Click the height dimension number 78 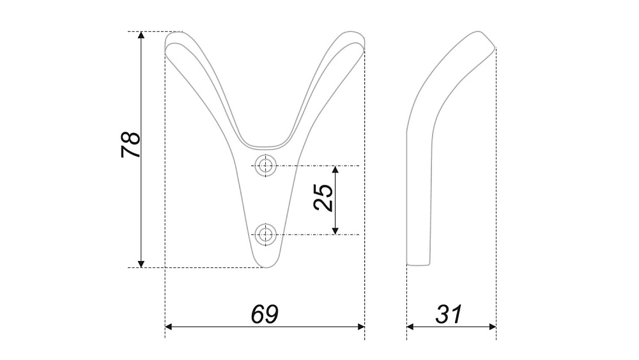pyautogui.click(x=131, y=145)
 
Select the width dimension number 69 pyautogui.click(x=265, y=314)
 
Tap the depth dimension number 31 pyautogui.click(x=449, y=314)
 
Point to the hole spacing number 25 pyautogui.click(x=323, y=198)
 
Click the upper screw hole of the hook pyautogui.click(x=266, y=166)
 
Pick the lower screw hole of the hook pyautogui.click(x=266, y=235)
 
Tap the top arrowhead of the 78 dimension pyautogui.click(x=141, y=35)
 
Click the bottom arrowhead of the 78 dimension pyautogui.click(x=141, y=264)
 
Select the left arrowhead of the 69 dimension pyautogui.click(x=169, y=327)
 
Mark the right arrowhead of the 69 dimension pyautogui.click(x=360, y=327)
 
